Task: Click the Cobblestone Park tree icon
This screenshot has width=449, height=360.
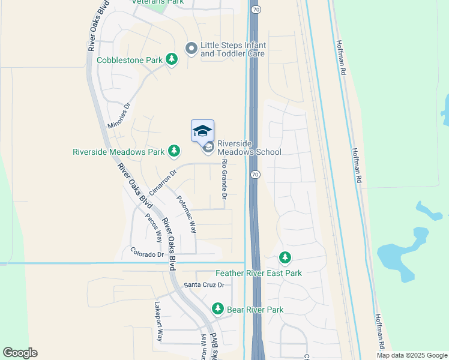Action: [x=172, y=59]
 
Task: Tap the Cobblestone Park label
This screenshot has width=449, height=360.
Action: [x=129, y=60]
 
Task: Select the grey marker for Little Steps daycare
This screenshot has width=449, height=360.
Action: [x=191, y=48]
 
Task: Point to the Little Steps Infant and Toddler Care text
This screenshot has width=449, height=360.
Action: [x=233, y=49]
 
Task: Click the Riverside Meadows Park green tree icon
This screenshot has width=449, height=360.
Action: [x=174, y=151]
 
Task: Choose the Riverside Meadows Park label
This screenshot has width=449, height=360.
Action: [x=118, y=152]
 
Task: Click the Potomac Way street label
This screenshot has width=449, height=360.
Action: [x=186, y=214]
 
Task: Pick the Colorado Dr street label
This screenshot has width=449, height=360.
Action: [x=147, y=254]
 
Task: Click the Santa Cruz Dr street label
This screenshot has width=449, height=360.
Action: [x=203, y=285]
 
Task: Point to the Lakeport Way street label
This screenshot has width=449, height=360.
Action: [x=159, y=321]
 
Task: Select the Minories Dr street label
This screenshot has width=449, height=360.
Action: [x=119, y=116]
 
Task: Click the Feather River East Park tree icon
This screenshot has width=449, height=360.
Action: [x=285, y=259]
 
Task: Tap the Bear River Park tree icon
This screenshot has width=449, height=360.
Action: [x=218, y=309]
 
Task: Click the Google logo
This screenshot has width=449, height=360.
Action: [x=20, y=353]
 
